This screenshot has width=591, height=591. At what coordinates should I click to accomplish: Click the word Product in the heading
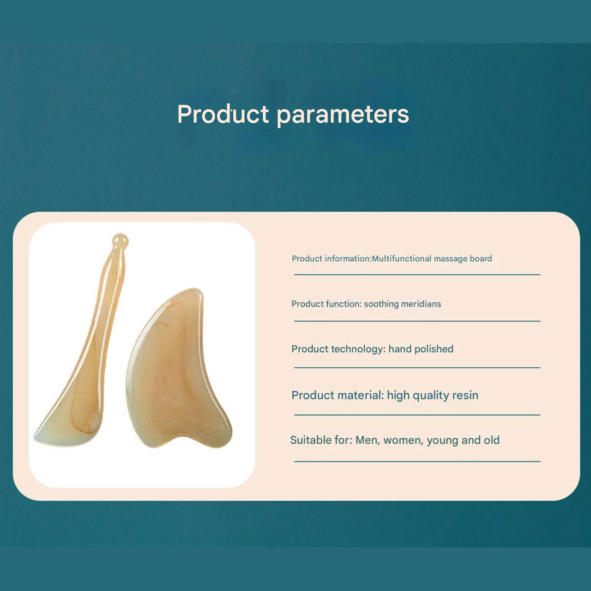click(223, 114)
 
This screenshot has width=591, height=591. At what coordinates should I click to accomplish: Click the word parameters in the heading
click(343, 115)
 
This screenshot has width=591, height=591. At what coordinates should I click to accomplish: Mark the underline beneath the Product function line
click(417, 321)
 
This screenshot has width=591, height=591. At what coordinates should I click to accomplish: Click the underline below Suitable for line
click(417, 461)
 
